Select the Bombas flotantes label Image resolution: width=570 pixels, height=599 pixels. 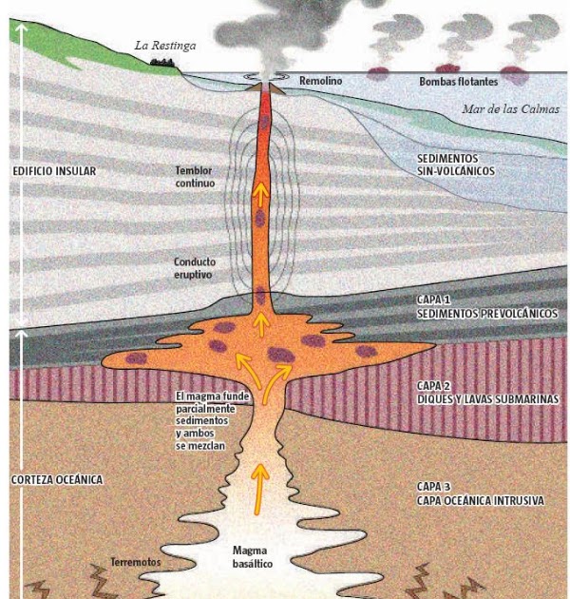pos(459,83)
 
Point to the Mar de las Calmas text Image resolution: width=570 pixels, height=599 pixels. pos(509,109)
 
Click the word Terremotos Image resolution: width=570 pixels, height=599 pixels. pos(136,562)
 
